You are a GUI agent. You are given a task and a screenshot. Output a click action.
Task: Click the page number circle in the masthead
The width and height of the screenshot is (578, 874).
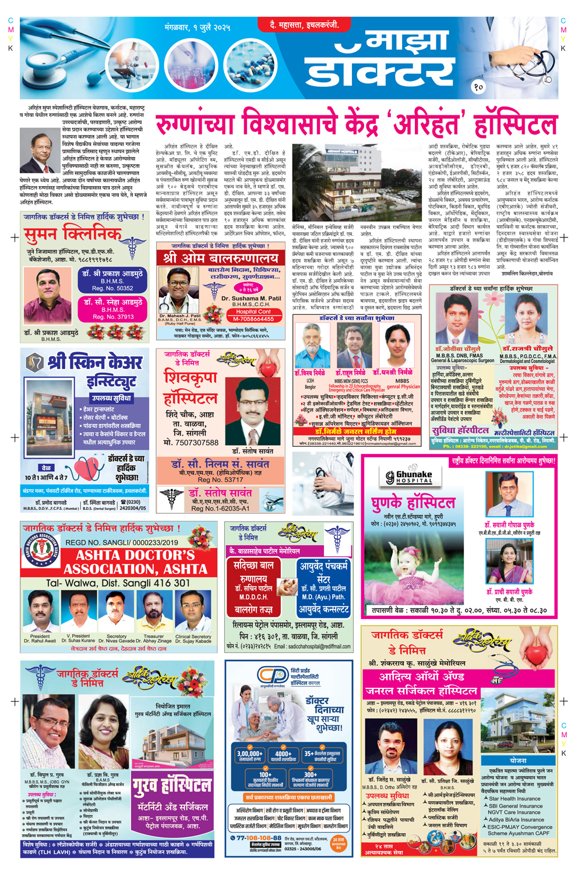(478, 87)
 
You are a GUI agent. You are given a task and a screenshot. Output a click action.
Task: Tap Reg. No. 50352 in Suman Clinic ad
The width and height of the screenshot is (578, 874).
(112, 289)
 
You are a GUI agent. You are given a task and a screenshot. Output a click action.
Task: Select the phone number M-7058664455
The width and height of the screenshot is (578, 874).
(253, 319)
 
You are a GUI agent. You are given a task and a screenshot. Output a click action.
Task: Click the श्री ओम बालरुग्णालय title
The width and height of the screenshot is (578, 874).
(221, 258)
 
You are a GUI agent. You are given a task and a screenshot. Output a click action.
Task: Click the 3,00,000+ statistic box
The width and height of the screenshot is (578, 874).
(249, 756)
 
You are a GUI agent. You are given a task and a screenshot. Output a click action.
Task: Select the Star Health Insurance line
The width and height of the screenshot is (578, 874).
(516, 800)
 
